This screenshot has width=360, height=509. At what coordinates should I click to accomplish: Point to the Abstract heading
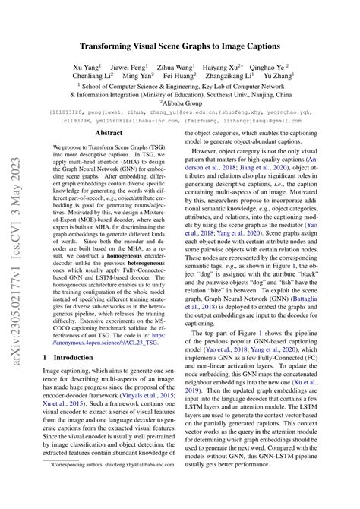click(109, 132)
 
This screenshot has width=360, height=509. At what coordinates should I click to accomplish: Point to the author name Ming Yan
click(137, 77)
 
